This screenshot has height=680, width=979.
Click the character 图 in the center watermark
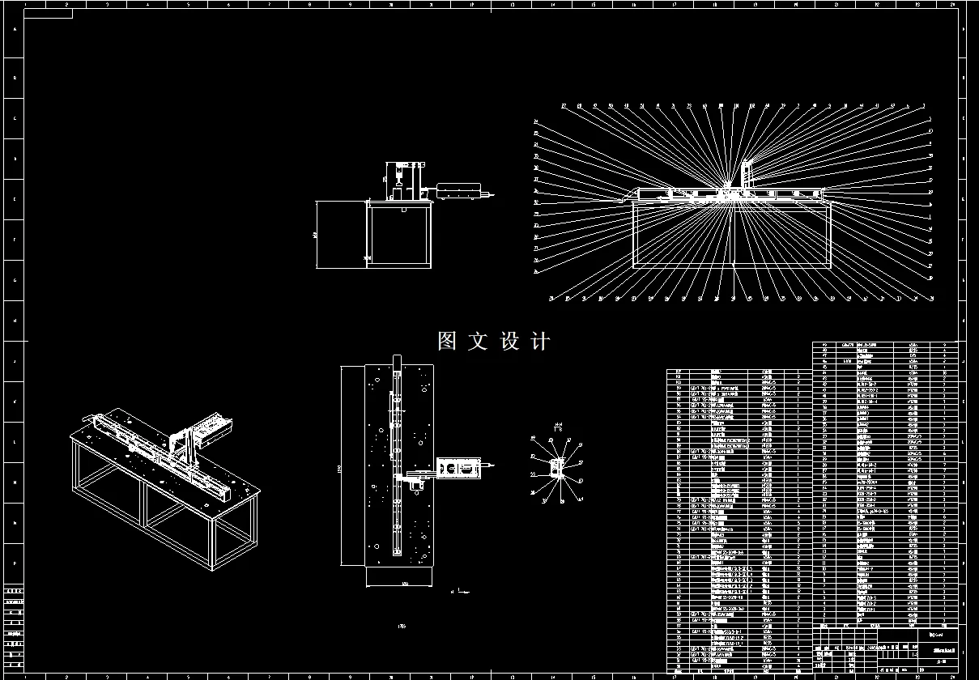click(447, 341)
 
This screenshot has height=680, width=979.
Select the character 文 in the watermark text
click(478, 341)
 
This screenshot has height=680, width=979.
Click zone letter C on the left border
click(14, 119)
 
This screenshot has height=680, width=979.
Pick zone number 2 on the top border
click(66, 5)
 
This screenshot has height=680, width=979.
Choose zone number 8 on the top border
click(310, 5)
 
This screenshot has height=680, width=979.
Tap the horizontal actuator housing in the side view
click(458, 192)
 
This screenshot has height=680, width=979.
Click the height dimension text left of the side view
click(314, 234)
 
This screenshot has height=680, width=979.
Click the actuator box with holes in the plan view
click(457, 469)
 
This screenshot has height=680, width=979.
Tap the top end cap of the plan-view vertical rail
click(396, 360)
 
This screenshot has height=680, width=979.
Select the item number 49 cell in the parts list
click(824, 344)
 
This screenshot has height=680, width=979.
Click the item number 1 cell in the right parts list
click(824, 620)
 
